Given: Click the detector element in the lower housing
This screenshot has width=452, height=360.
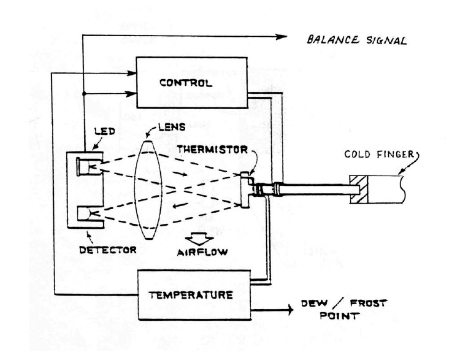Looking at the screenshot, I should pyautogui.click(x=91, y=214).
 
